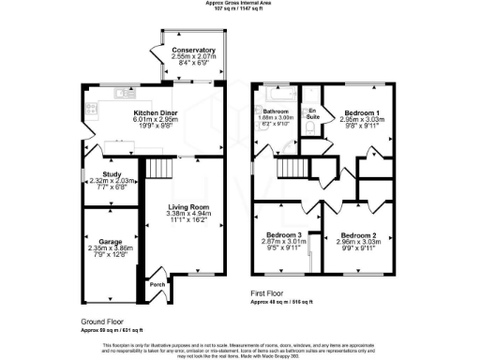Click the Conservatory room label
(193, 51)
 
